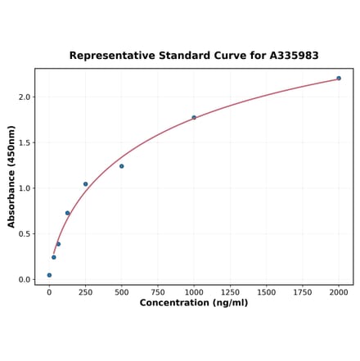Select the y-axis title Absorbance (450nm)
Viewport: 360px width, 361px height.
pyautogui.click(x=11, y=177)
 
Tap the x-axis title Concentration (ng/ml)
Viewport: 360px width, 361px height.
pyautogui.click(x=194, y=303)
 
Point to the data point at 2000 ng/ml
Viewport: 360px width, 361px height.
pyautogui.click(x=339, y=79)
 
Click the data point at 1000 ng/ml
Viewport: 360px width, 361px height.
pyautogui.click(x=194, y=117)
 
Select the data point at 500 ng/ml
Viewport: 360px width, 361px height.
pyautogui.click(x=122, y=166)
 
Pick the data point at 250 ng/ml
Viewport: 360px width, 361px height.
pyautogui.click(x=85, y=184)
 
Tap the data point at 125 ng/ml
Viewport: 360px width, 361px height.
pyautogui.click(x=67, y=213)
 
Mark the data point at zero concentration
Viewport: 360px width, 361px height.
pyautogui.click(x=49, y=275)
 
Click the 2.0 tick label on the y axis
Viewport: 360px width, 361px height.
pyautogui.click(x=25, y=97)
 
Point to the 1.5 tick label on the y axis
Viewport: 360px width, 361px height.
pyautogui.click(x=25, y=142)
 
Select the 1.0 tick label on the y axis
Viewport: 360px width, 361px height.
pyautogui.click(x=25, y=188)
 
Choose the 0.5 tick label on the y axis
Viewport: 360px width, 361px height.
pyautogui.click(x=25, y=234)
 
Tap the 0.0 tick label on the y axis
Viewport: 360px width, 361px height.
pyautogui.click(x=25, y=280)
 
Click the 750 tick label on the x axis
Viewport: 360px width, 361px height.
pyautogui.click(x=158, y=291)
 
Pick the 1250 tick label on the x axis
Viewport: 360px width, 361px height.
pyautogui.click(x=230, y=291)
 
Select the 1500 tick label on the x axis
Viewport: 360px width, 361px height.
pyautogui.click(x=266, y=291)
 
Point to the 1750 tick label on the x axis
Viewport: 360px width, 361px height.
pyautogui.click(x=303, y=291)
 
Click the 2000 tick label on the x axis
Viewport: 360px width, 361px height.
pyautogui.click(x=339, y=291)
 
